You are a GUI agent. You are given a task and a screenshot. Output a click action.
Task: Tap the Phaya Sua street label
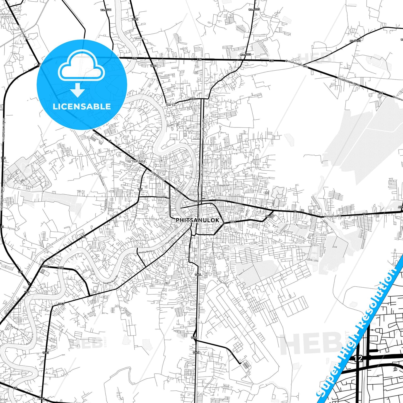224,185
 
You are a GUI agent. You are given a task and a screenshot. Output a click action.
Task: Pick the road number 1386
194,338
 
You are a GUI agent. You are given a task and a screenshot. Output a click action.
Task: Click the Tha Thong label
14,327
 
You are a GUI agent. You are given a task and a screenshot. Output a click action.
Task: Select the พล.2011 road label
106,10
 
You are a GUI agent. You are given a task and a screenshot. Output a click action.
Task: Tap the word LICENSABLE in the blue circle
82,106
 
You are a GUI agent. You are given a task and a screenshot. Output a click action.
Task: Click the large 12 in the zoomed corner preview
358,358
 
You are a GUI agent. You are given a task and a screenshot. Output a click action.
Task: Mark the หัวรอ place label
170,105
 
